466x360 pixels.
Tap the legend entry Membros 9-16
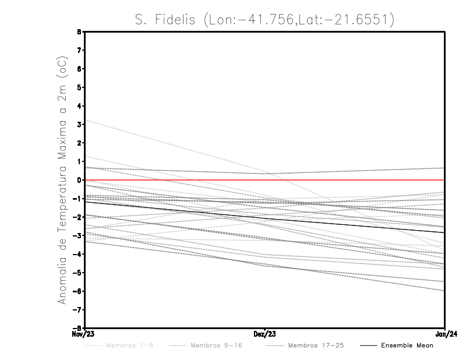coord(216,345)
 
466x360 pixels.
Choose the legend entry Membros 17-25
coord(316,345)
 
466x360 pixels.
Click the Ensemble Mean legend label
coord(407,345)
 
